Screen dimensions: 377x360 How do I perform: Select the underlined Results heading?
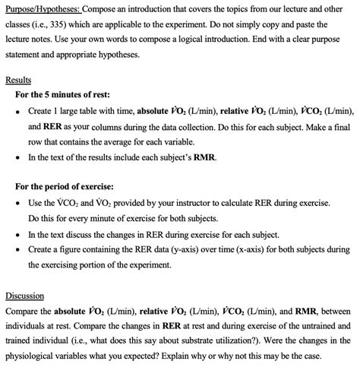click(x=18, y=79)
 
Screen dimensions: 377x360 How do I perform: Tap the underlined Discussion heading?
click(x=24, y=296)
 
